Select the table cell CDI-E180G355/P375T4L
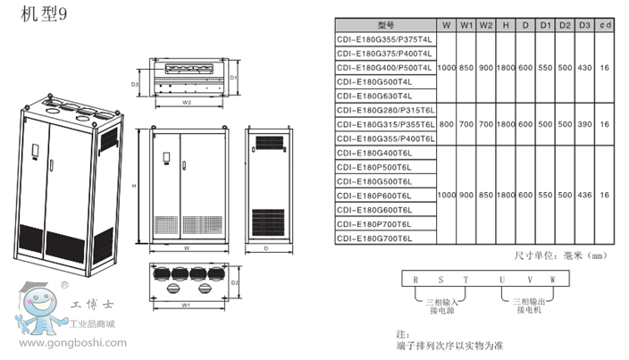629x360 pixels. coord(384,40)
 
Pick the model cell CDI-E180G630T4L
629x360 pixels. coord(374,96)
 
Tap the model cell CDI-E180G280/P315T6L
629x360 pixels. coord(385,110)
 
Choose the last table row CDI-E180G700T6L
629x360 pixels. coord(374,238)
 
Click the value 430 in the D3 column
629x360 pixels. coord(584,68)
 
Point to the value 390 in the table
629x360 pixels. coord(584,124)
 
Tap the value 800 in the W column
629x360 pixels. coord(447,124)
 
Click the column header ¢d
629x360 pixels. coord(606,26)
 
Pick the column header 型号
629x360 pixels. coord(386,26)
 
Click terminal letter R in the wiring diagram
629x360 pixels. coord(415,280)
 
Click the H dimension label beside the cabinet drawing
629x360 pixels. coord(133,186)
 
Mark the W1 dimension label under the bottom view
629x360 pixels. coord(183,305)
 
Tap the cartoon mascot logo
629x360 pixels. coord(38,308)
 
